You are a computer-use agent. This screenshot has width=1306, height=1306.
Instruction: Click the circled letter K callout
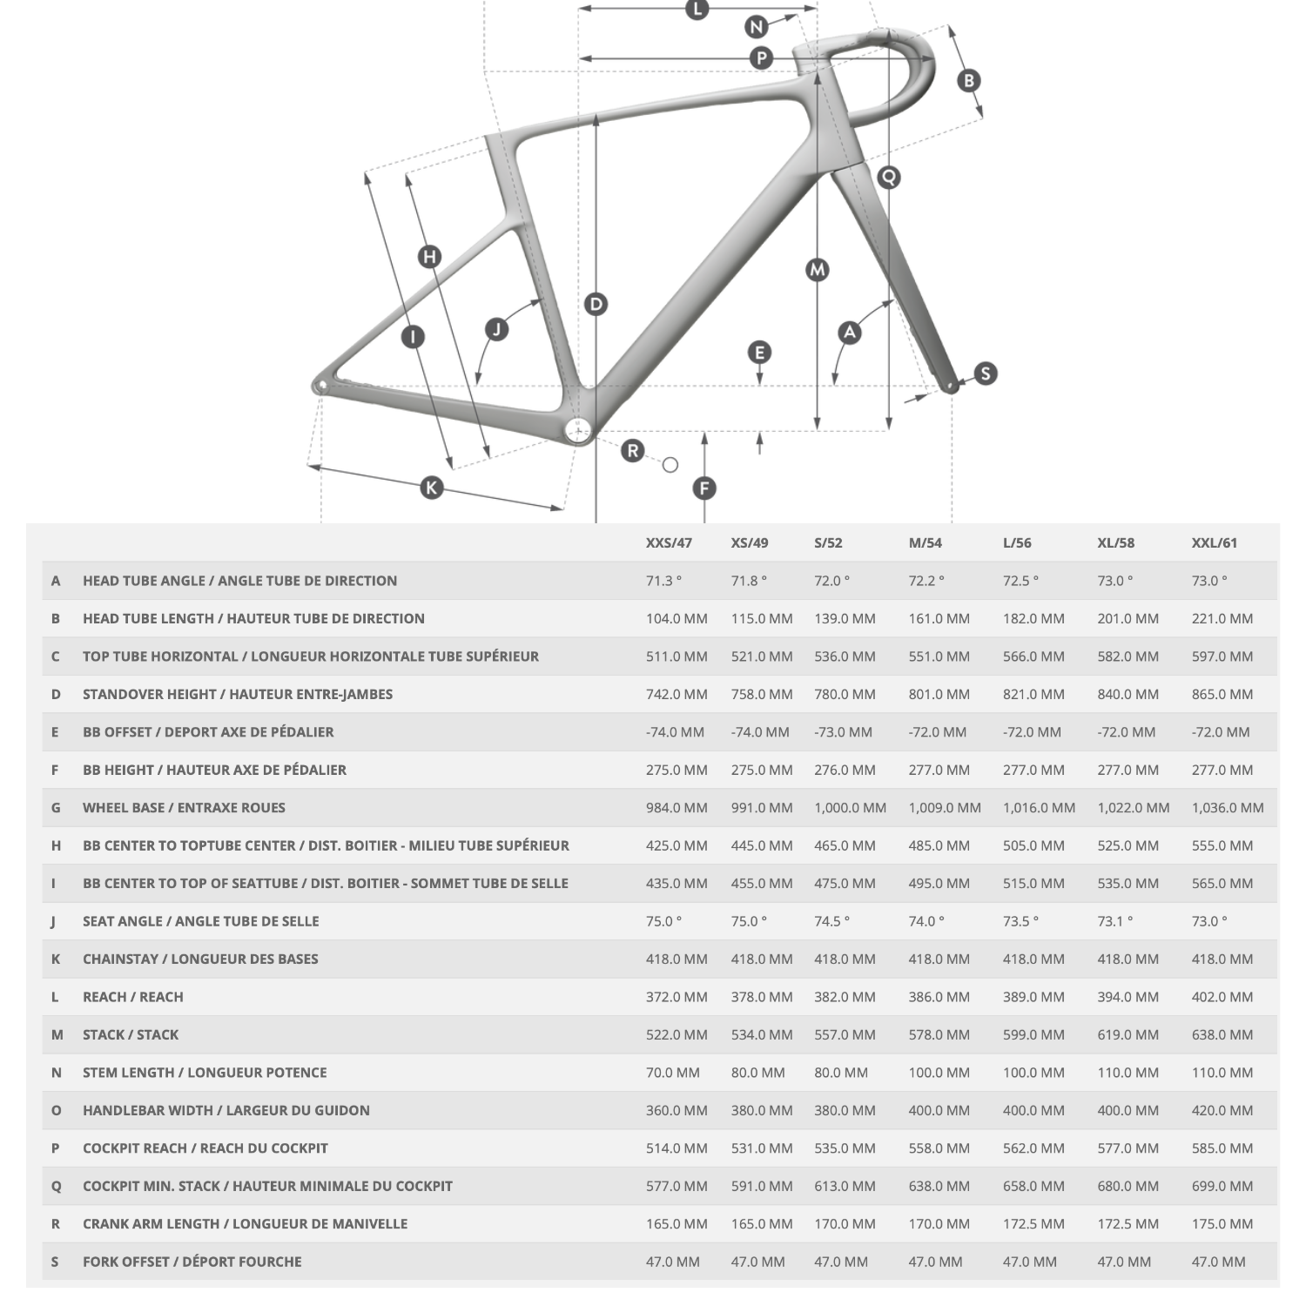[432, 488]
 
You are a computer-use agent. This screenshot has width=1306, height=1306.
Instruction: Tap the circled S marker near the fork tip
[985, 374]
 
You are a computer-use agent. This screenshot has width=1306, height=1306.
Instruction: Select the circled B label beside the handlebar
[968, 81]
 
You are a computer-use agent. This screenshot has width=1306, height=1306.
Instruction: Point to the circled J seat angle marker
[496, 329]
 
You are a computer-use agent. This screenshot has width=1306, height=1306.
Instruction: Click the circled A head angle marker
[849, 332]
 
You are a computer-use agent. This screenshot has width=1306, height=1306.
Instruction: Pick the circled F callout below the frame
[704, 488]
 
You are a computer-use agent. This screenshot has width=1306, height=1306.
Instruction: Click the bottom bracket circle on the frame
[578, 430]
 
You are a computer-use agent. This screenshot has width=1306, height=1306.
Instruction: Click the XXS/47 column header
[669, 542]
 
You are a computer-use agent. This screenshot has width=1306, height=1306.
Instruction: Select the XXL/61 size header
[1214, 542]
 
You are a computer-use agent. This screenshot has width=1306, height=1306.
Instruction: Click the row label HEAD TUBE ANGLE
[239, 581]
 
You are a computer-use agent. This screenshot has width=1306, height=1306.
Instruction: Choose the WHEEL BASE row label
[184, 807]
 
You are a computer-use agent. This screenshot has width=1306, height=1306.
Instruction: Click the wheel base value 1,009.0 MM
[944, 807]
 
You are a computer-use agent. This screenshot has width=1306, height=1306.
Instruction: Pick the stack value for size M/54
[939, 1034]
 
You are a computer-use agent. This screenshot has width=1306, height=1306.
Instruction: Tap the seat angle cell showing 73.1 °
[1115, 921]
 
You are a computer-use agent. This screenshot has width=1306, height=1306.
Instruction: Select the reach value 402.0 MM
[1222, 997]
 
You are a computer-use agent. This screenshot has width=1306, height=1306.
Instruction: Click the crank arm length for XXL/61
[1222, 1223]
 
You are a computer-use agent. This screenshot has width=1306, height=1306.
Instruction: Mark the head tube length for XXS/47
[677, 618]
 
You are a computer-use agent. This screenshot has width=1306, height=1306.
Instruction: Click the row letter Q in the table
[56, 1186]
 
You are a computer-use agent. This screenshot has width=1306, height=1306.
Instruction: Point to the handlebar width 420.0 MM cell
[1222, 1110]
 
